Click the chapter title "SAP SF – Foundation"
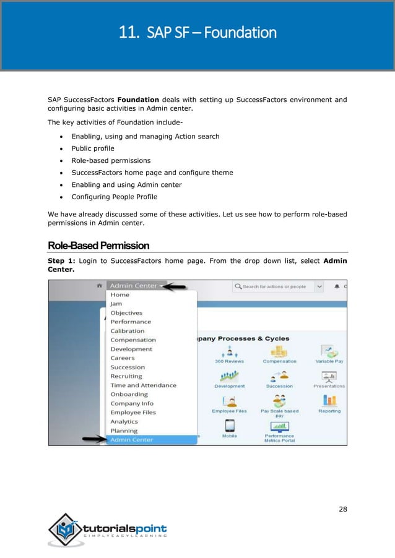[197, 32]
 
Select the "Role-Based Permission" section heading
[98, 246]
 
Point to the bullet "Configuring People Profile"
[115, 197]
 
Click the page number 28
[342, 509]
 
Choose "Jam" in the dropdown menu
[116, 304]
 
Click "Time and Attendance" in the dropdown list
[143, 385]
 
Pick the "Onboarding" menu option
[129, 394]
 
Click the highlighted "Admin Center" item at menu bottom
[131, 440]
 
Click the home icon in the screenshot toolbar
[99, 286]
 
